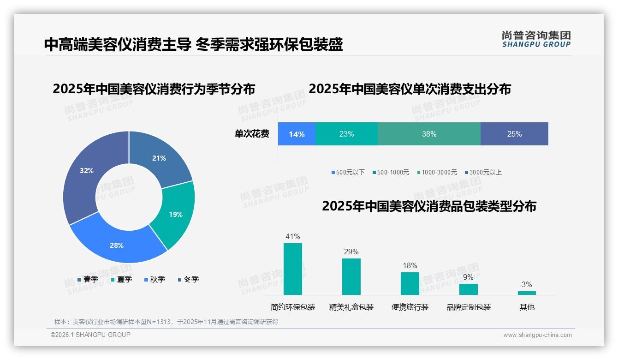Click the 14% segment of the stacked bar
pos(297,134)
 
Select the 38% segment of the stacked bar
pos(429,134)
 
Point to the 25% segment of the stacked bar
pos(514,134)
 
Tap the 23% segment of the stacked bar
pos(346,134)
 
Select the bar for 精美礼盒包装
pos(351,276)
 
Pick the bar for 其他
pos(527,293)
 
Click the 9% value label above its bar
pos(468,277)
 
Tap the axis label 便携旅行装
pos(410,307)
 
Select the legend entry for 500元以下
pos(348,172)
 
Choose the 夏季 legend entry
pos(122,279)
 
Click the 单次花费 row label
pos(252,134)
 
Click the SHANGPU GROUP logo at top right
pos(536,39)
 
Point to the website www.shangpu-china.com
pos(537,335)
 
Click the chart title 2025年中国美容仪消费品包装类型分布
pos(429,206)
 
